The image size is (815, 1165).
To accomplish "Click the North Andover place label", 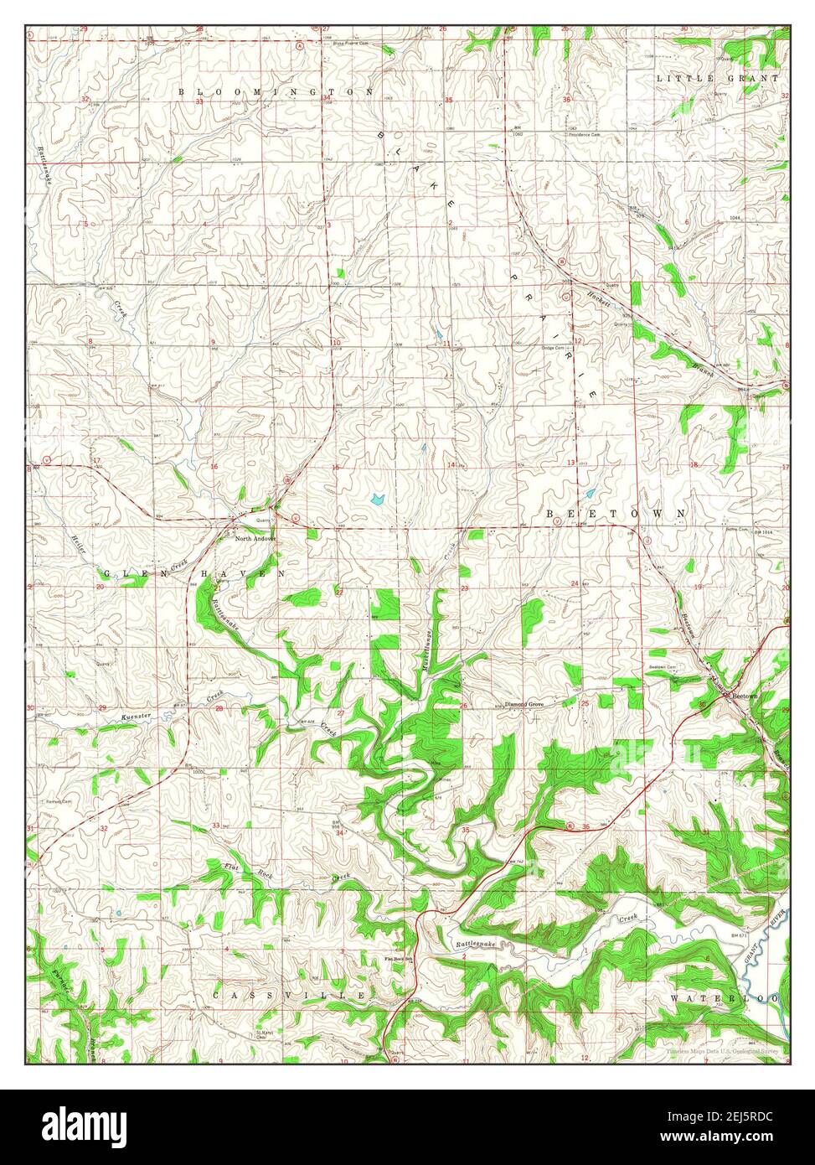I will click(255, 538).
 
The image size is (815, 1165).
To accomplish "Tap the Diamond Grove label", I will click(524, 705).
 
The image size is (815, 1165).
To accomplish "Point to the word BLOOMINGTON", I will click(275, 90).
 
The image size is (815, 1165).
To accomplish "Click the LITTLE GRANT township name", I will click(717, 78).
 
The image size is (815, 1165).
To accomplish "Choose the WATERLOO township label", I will click(725, 999).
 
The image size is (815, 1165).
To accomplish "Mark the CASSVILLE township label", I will click(289, 995).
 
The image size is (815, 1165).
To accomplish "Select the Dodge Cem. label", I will click(554, 348).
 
